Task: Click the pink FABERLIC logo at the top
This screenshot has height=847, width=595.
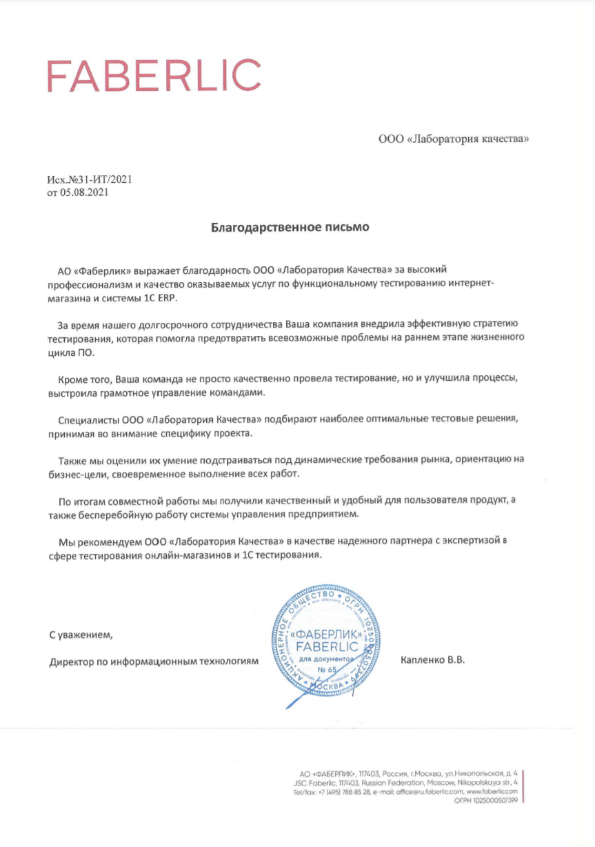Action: [x=153, y=76]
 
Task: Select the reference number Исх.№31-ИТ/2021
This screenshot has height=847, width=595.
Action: [x=89, y=180]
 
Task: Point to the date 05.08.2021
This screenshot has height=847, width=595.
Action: [x=84, y=192]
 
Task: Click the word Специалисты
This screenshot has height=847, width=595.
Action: [x=90, y=419]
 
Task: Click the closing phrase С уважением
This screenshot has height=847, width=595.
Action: [x=79, y=634]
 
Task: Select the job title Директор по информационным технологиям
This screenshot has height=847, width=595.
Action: [x=154, y=661]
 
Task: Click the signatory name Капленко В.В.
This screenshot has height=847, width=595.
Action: [x=433, y=660]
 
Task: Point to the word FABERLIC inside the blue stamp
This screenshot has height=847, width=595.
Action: [x=325, y=646]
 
